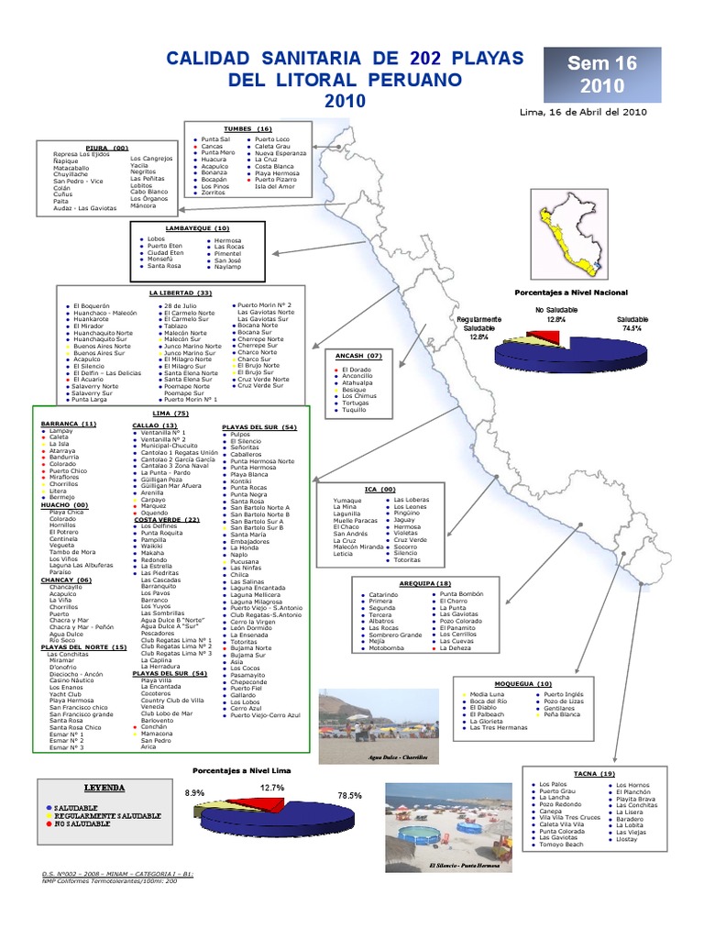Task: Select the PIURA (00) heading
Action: tap(106, 148)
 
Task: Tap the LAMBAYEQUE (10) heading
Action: tap(197, 227)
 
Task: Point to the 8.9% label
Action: tap(195, 792)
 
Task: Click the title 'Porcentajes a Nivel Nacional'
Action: tap(571, 292)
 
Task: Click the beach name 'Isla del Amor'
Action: tap(275, 186)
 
